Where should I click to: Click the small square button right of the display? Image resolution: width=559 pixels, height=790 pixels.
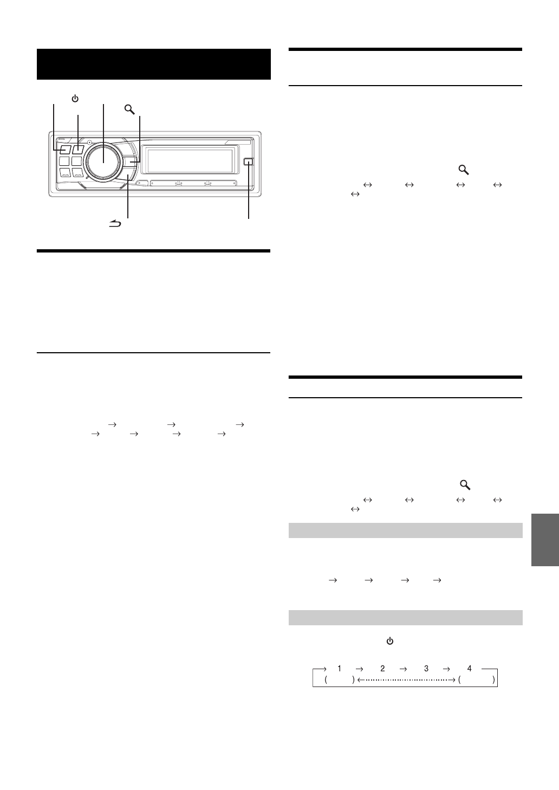coord(249,161)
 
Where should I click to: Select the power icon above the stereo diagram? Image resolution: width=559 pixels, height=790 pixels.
coord(75,99)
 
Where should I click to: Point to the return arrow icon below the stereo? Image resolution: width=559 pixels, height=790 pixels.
coord(115,223)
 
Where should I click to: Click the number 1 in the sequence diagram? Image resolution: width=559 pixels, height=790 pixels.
coord(340,669)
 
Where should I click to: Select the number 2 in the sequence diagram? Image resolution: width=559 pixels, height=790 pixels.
coord(382,669)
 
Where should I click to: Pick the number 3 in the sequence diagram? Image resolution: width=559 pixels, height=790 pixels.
coord(426,669)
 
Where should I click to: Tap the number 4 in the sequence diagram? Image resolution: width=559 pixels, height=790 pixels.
coord(469,669)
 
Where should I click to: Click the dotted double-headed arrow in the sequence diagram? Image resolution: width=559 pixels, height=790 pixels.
coord(406,679)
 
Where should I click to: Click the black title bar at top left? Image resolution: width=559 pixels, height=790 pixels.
coord(153,64)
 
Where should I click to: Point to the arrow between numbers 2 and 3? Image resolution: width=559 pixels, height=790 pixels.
coord(404,669)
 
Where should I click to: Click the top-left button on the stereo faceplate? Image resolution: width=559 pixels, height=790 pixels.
coord(65,150)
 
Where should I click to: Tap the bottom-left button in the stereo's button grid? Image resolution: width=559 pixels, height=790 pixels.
coord(65,174)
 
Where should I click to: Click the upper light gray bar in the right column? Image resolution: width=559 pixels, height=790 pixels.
coord(406,530)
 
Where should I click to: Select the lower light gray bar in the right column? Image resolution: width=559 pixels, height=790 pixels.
coord(406,618)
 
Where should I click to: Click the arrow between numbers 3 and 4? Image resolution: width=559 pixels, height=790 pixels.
coord(447,669)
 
